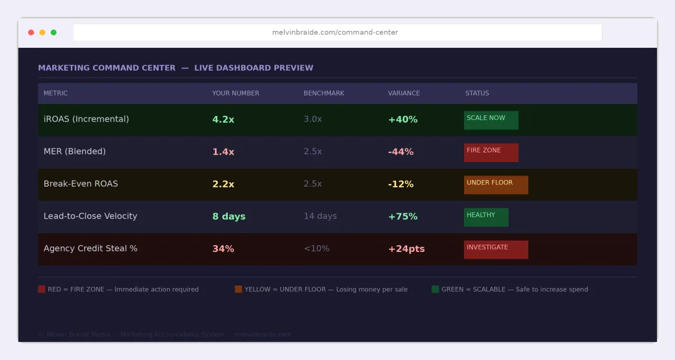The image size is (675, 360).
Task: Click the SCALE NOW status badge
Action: pyautogui.click(x=491, y=120)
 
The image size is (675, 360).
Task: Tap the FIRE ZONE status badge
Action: pyautogui.click(x=491, y=152)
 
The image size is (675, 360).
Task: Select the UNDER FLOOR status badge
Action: pyautogui.click(x=496, y=184)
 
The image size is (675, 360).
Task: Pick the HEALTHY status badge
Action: pyautogui.click(x=486, y=217)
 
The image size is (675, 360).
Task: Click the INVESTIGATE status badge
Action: pyautogui.click(x=496, y=249)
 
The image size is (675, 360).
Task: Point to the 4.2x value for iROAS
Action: pyautogui.click(x=223, y=119)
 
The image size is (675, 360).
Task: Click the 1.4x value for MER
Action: pyautogui.click(x=223, y=152)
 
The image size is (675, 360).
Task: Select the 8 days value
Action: pyautogui.click(x=229, y=217)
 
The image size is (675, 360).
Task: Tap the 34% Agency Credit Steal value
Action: pyautogui.click(x=223, y=249)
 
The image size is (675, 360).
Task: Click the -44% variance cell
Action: pyautogui.click(x=400, y=152)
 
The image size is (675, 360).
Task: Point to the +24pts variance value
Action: pyautogui.click(x=406, y=249)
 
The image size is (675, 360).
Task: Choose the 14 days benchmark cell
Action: pyautogui.click(x=320, y=217)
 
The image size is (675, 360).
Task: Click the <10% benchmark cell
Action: pyautogui.click(x=317, y=249)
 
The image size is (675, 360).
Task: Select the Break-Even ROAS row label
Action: pyautogui.click(x=81, y=184)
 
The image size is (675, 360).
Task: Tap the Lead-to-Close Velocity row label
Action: pyautogui.click(x=91, y=217)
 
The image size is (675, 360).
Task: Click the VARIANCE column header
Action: pyautogui.click(x=404, y=93)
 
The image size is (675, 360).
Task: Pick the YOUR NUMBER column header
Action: pyautogui.click(x=236, y=93)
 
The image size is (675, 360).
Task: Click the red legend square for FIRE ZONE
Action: pyautogui.click(x=42, y=289)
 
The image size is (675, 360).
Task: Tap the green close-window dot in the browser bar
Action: pyautogui.click(x=53, y=33)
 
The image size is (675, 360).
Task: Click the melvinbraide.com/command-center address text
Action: pyautogui.click(x=335, y=33)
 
